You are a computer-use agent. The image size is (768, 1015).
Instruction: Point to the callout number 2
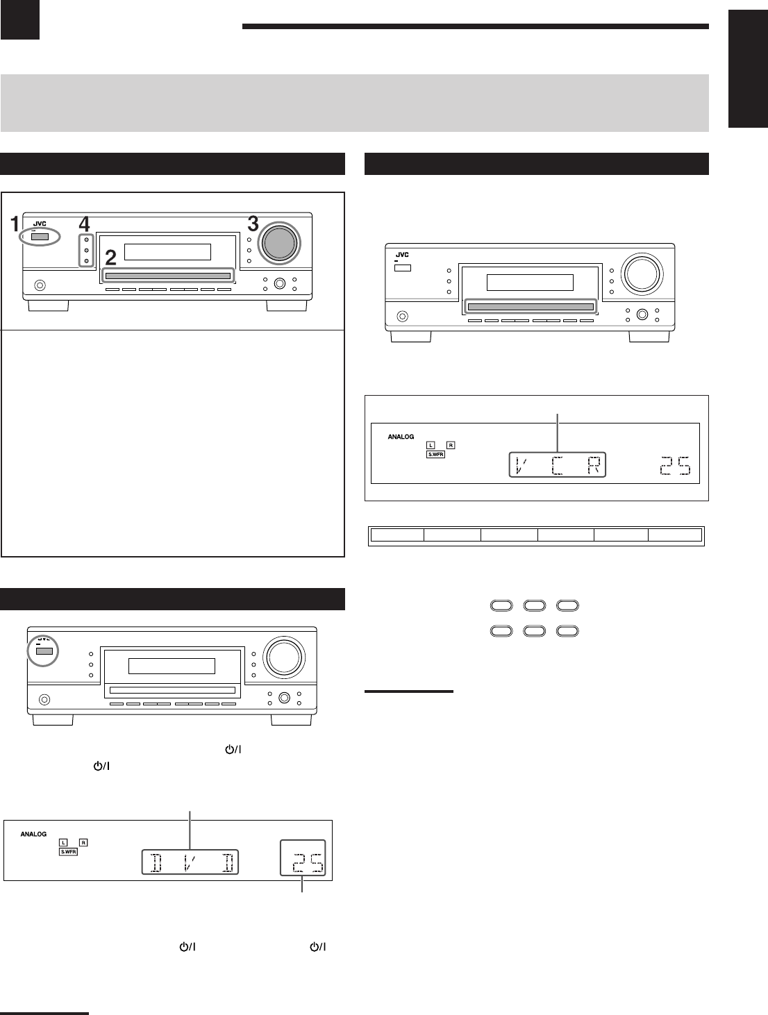tap(111, 259)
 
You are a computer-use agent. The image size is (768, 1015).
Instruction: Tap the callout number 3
tap(253, 224)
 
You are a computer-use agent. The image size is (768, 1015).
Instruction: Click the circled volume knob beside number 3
tap(278, 242)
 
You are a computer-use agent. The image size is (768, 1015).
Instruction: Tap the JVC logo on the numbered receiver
tap(40, 224)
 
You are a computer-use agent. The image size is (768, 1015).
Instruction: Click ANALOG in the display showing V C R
tap(401, 437)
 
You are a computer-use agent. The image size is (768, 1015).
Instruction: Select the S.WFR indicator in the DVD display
tap(67, 851)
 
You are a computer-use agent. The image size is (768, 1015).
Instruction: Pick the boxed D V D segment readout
tap(190, 862)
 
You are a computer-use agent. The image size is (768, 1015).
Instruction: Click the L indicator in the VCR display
tap(431, 445)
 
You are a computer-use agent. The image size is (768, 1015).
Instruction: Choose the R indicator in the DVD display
tap(83, 843)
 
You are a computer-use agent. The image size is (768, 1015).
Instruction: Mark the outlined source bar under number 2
tap(168, 276)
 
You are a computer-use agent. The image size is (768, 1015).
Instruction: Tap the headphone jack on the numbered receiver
tap(40, 285)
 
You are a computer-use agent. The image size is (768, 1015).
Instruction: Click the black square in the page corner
tap(19, 19)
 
